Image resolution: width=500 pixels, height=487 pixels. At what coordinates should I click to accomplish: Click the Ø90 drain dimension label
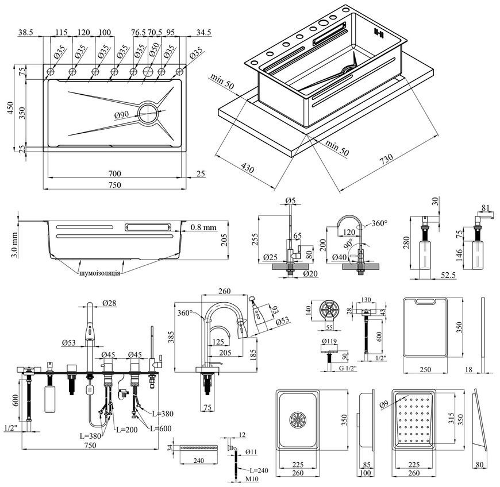coord(121,115)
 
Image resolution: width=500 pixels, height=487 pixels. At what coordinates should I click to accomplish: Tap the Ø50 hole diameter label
coord(154,49)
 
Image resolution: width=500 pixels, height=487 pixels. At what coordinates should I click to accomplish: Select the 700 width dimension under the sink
coord(114,173)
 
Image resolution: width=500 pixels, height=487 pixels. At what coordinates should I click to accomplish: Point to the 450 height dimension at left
coord(10,109)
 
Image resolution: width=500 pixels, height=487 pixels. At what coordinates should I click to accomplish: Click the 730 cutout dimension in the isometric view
coord(386,159)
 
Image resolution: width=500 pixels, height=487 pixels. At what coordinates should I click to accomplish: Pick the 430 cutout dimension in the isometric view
coord(247,168)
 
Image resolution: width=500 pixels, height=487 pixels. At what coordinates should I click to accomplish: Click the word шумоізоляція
coord(100,273)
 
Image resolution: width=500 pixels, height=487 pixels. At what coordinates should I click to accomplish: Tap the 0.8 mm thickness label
coord(204,227)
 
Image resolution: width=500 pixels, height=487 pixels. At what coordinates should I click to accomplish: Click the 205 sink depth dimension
coord(224,240)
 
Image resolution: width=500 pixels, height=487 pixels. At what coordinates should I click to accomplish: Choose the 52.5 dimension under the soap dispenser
coord(448,275)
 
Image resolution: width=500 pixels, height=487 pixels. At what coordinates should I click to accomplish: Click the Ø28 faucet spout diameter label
coord(109,303)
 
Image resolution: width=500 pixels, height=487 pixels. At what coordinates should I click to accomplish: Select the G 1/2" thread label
coord(348,369)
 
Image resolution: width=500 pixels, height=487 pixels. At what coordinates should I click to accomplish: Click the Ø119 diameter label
coord(329,341)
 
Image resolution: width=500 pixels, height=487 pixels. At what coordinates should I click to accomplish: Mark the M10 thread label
coord(252,479)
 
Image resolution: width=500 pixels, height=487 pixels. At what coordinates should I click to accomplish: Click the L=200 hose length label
coord(127,430)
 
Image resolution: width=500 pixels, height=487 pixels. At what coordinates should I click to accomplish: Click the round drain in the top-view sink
coord(148,113)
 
